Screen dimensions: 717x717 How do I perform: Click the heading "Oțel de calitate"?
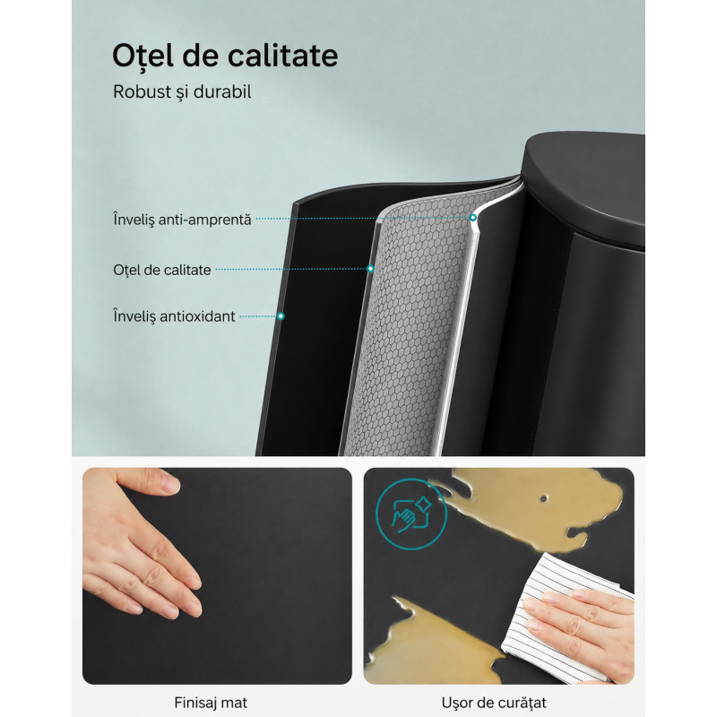coord(225,56)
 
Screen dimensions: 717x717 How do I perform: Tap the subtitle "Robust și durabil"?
coord(182,92)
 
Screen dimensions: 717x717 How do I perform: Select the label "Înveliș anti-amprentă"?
coord(182,220)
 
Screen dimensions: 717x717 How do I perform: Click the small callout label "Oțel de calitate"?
coord(162,270)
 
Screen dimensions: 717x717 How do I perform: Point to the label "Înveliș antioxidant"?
coord(174,316)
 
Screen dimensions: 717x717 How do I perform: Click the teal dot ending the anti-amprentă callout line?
coord(473,218)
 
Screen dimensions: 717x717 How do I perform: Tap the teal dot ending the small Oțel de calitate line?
coord(370,269)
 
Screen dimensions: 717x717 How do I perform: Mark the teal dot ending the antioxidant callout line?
coord(281,316)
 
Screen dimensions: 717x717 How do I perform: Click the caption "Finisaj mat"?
coord(211,702)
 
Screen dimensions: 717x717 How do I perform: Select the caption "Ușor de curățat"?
coord(494,703)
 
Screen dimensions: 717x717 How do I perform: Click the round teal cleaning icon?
coord(411,514)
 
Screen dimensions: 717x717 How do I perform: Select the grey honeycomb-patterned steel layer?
coord(407,320)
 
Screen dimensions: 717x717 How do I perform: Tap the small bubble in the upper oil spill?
coord(543,498)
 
